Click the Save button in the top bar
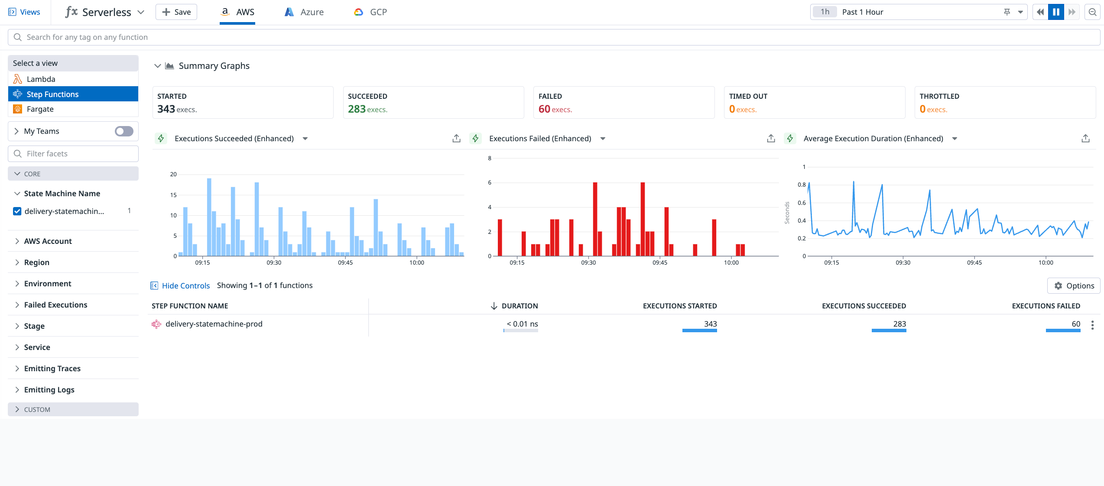pyautogui.click(x=176, y=12)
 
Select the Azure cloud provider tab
pyautogui.click(x=304, y=12)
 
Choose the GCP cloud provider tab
pyautogui.click(x=370, y=12)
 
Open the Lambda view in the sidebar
pyautogui.click(x=41, y=79)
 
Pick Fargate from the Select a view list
pyautogui.click(x=40, y=109)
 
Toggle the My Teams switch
pyautogui.click(x=124, y=131)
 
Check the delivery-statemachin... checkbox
pyautogui.click(x=17, y=211)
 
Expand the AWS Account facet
pyautogui.click(x=48, y=241)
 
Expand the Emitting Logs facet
pyautogui.click(x=49, y=389)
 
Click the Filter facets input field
pyautogui.click(x=74, y=153)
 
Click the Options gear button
pyautogui.click(x=1074, y=285)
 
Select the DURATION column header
pyautogui.click(x=519, y=306)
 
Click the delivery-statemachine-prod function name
pyautogui.click(x=214, y=324)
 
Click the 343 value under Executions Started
pyautogui.click(x=710, y=324)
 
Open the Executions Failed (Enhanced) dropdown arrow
pyautogui.click(x=603, y=139)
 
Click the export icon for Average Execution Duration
pyautogui.click(x=1085, y=139)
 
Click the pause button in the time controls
pyautogui.click(x=1056, y=12)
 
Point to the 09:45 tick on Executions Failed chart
pyautogui.click(x=659, y=262)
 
